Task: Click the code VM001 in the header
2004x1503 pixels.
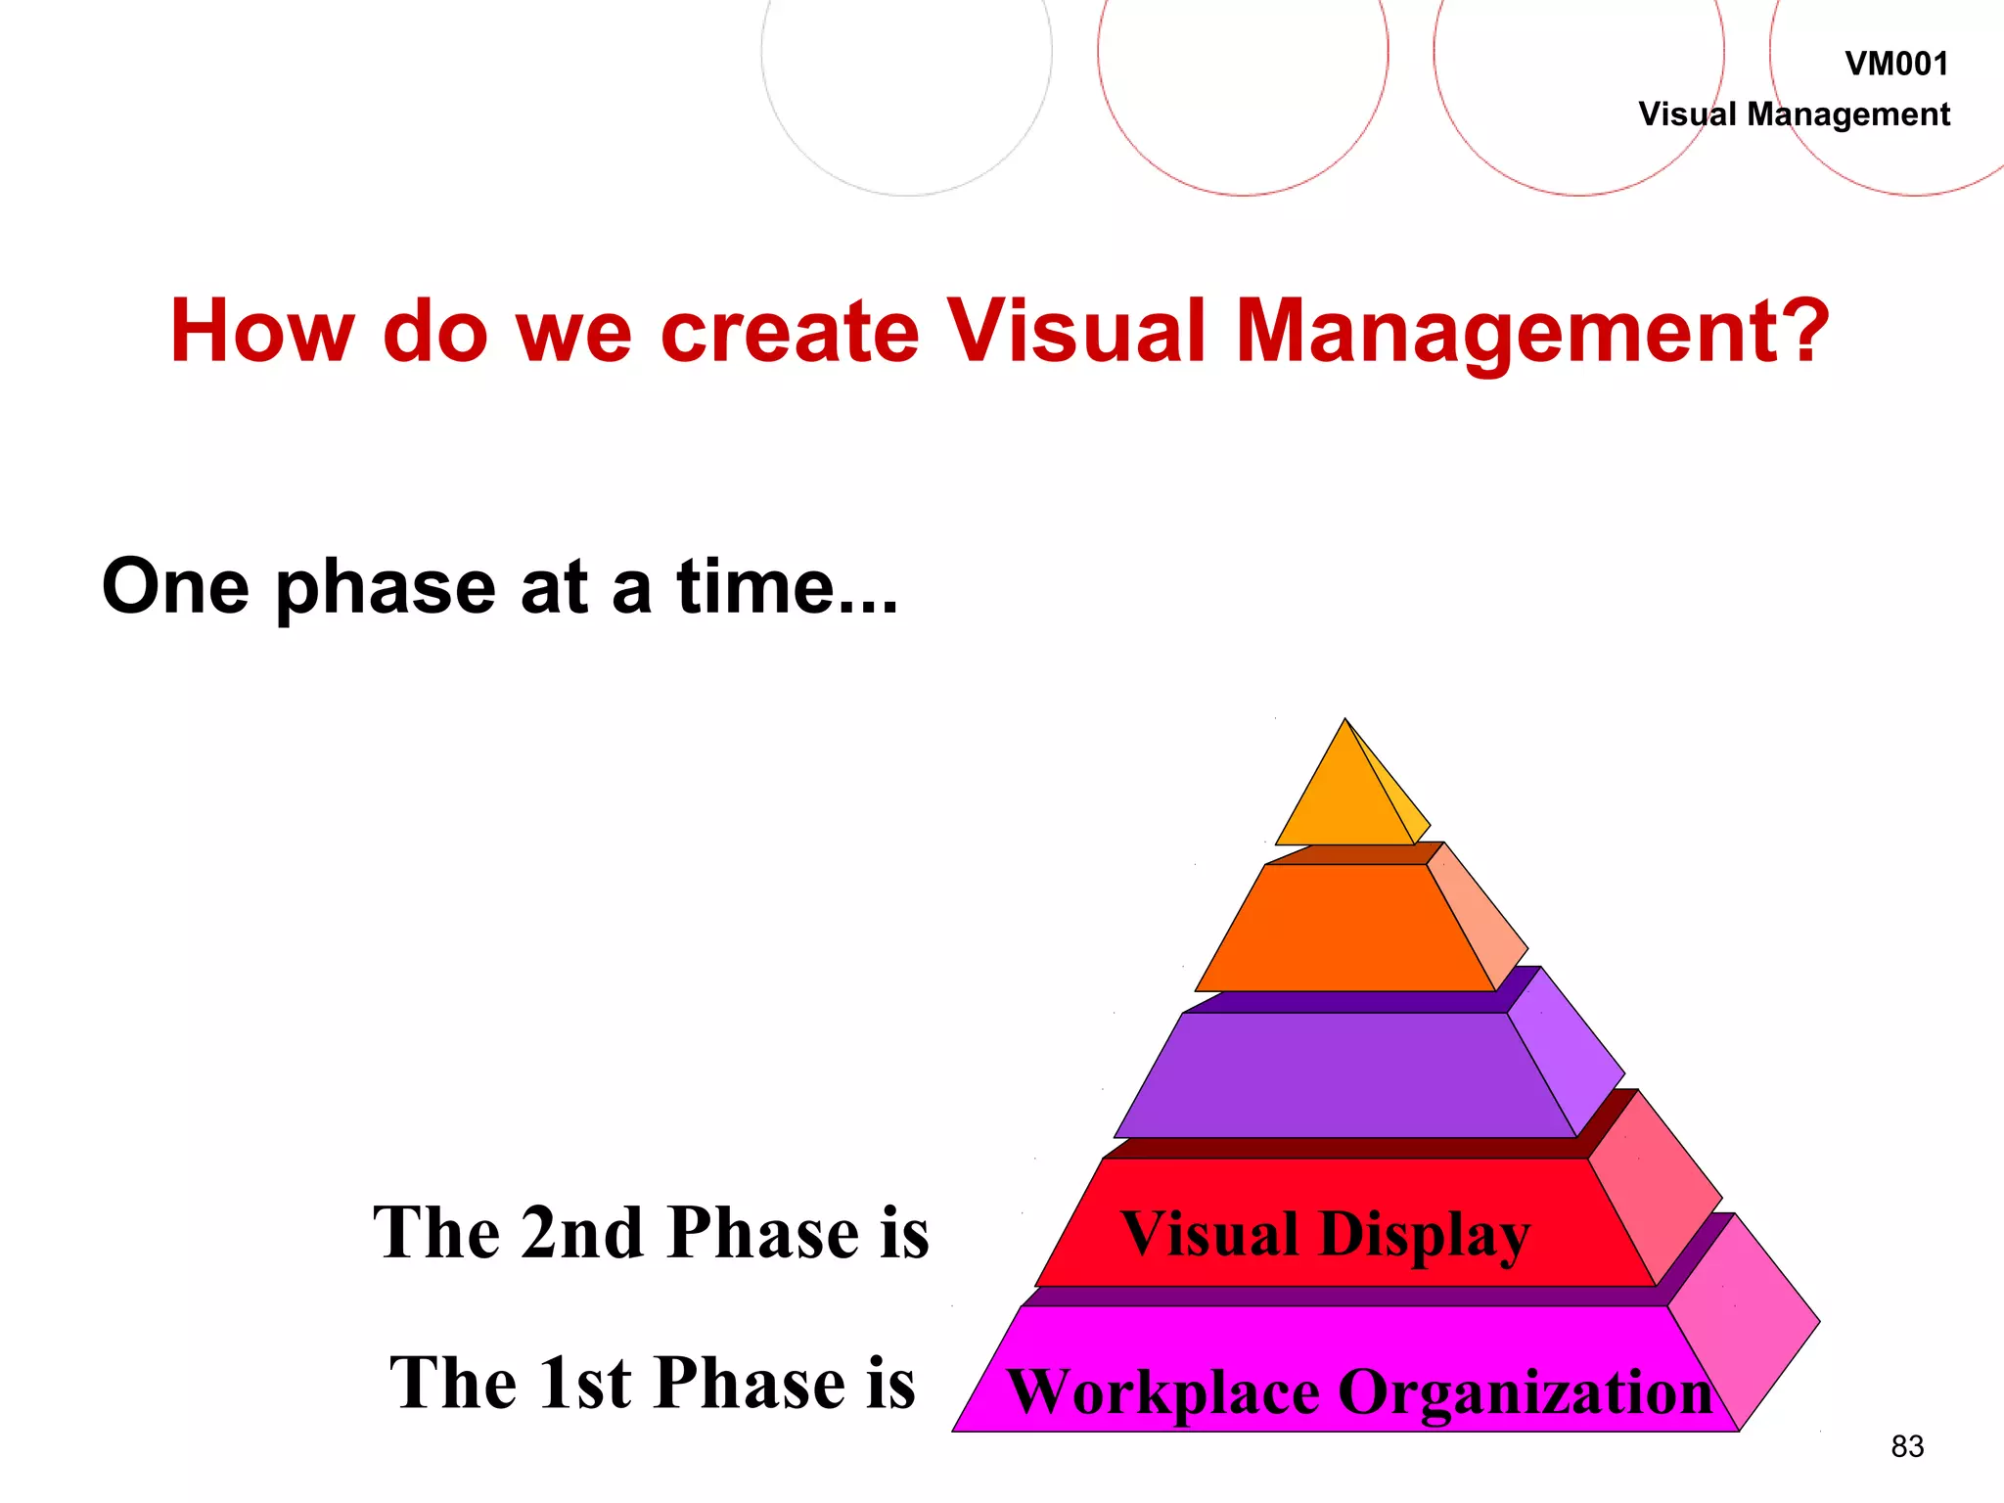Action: click(x=1895, y=65)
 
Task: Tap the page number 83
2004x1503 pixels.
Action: click(x=1907, y=1446)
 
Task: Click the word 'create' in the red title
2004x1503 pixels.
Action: click(x=790, y=332)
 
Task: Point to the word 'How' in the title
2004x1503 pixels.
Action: click(x=262, y=332)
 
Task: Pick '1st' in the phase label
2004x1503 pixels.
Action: click(x=584, y=1383)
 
